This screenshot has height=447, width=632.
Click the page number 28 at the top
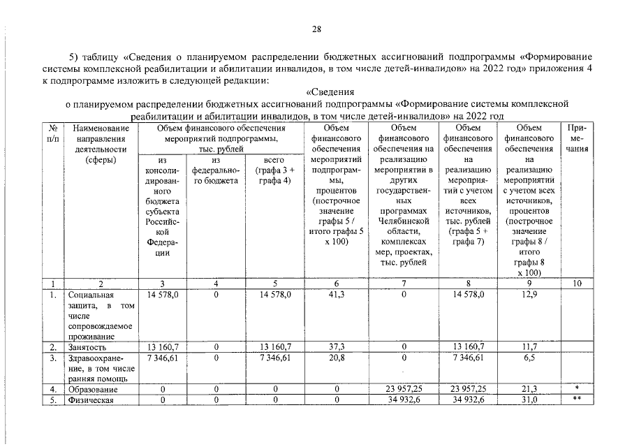click(316, 29)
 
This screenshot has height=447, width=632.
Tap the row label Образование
click(92, 389)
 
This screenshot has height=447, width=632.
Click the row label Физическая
click(91, 400)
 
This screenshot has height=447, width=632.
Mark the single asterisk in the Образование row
click(577, 388)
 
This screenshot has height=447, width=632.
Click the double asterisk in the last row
click(577, 400)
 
